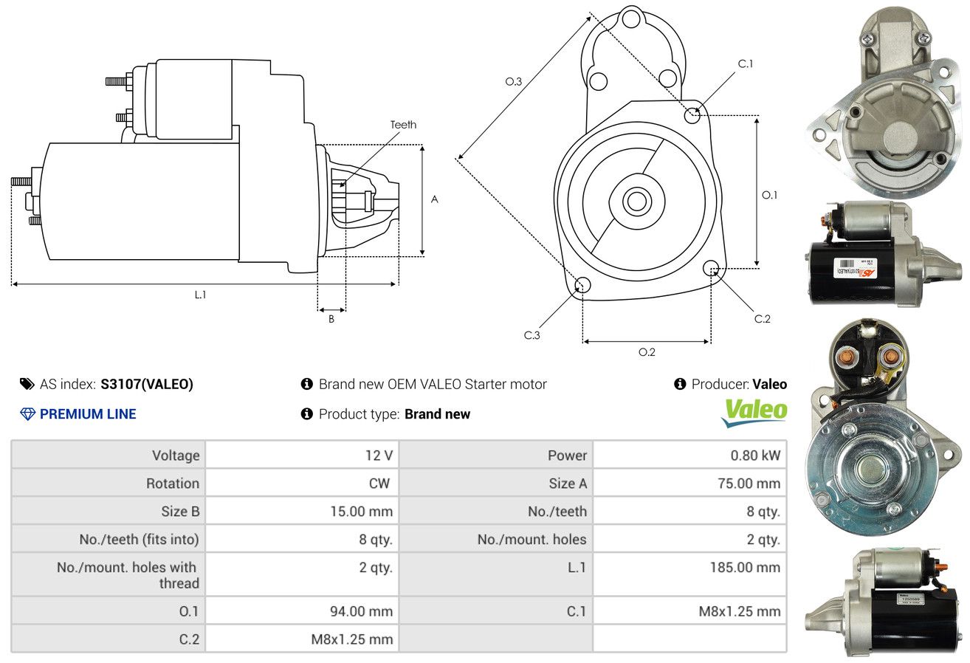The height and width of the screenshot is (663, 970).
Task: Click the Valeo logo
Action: [x=754, y=413]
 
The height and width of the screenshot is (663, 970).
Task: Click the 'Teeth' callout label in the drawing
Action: [x=403, y=125]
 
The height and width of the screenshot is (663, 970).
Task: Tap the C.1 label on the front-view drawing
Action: [x=745, y=63]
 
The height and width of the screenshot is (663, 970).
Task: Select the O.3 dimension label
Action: [x=514, y=81]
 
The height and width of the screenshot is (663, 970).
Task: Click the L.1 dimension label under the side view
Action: [x=200, y=295]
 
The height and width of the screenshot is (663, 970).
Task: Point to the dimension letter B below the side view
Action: [x=331, y=320]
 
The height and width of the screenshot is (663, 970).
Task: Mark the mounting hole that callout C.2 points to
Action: [x=710, y=267]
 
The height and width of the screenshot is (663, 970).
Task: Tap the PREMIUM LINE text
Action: [x=88, y=414]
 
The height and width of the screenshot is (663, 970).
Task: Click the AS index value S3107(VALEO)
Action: [x=147, y=384]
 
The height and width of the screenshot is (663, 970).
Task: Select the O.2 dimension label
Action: [x=647, y=352]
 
